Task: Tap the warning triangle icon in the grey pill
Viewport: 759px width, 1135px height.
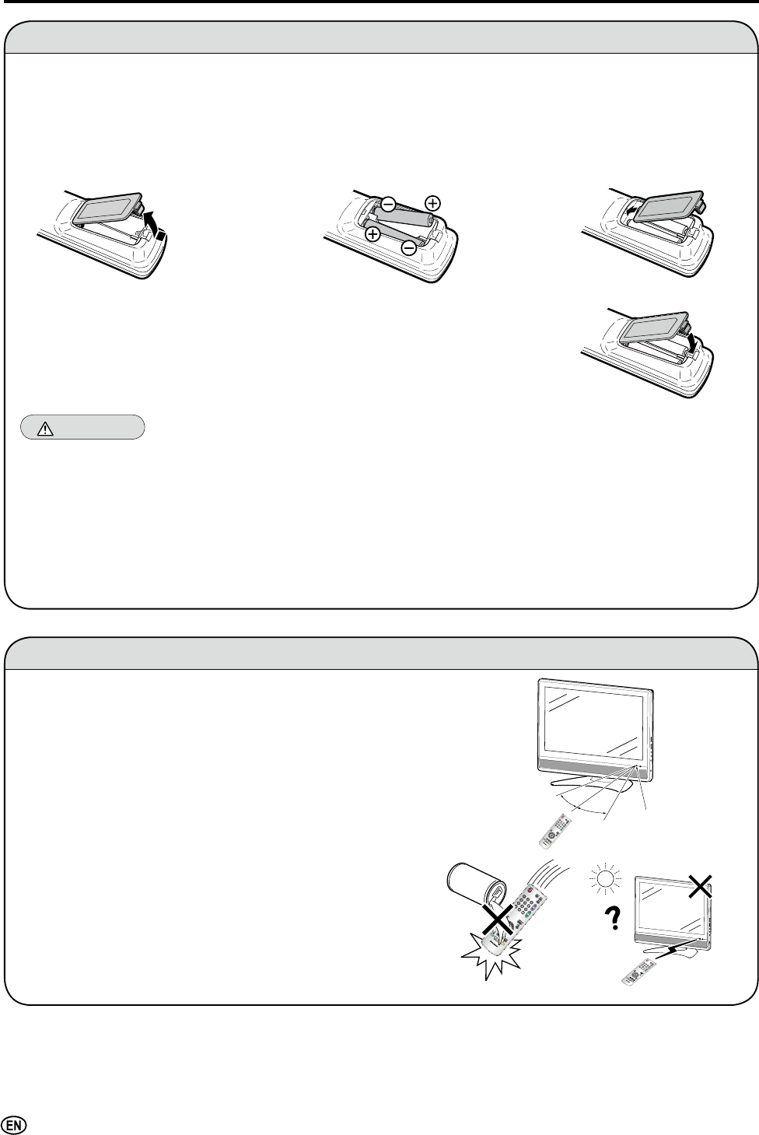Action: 41,428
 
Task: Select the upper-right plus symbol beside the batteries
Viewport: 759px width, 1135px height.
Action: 432,202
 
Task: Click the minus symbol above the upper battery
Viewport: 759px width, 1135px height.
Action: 387,203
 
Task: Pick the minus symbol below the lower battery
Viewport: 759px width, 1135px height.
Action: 408,248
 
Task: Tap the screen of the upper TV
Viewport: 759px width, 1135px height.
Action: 593,720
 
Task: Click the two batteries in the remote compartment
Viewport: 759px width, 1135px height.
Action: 402,224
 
